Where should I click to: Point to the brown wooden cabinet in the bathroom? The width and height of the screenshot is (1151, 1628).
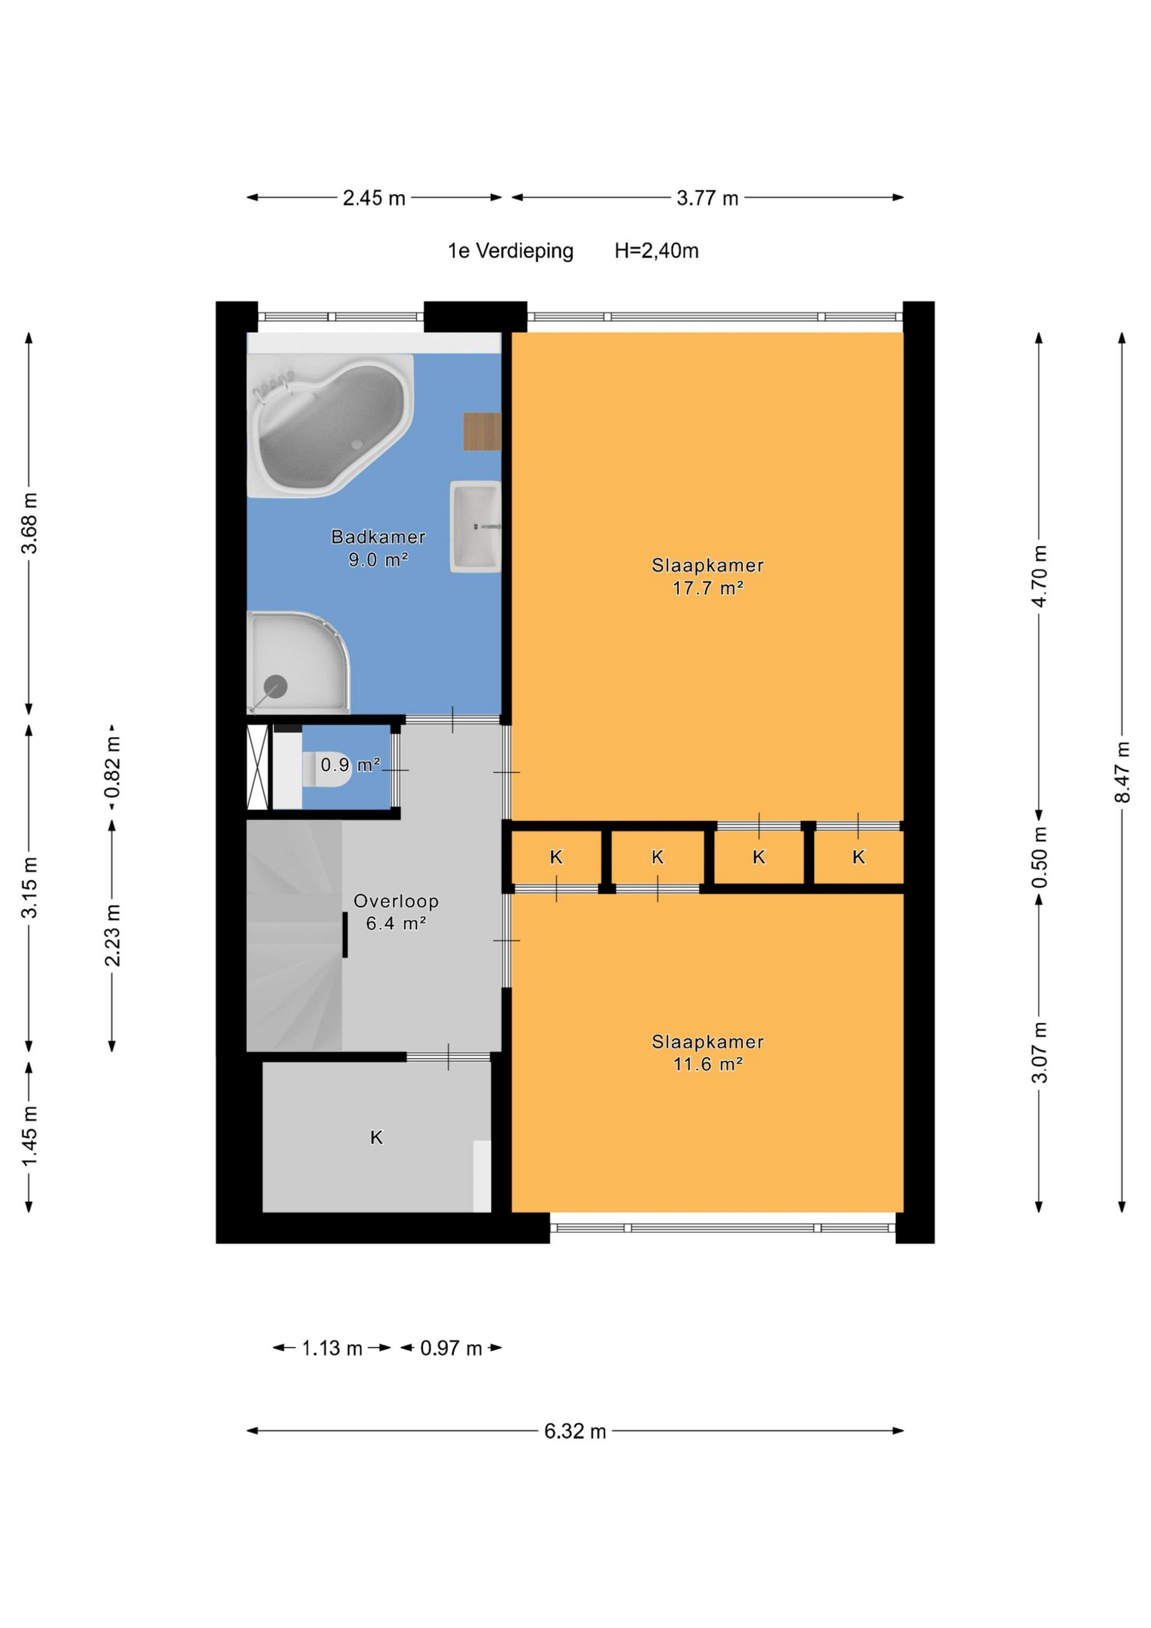point(482,431)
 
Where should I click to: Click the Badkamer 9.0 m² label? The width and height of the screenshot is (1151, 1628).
point(378,548)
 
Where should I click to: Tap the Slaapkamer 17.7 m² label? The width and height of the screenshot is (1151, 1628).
point(707,577)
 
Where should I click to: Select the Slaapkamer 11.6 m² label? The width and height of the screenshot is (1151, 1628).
point(707,1053)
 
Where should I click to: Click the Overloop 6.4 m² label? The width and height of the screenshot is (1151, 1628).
point(396,912)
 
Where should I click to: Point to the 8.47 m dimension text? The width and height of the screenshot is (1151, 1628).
point(1121,772)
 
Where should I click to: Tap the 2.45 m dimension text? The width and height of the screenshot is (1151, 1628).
point(374,198)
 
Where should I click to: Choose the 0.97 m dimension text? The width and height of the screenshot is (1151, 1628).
point(451,1348)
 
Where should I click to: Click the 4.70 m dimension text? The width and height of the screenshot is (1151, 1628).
point(1039,576)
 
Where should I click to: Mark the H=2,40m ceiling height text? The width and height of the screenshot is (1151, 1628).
point(657,251)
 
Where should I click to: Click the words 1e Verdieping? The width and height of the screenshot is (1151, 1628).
point(510,252)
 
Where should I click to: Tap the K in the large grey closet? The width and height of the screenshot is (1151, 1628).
point(377,1138)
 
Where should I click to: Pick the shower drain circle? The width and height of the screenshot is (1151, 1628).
point(275,686)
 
